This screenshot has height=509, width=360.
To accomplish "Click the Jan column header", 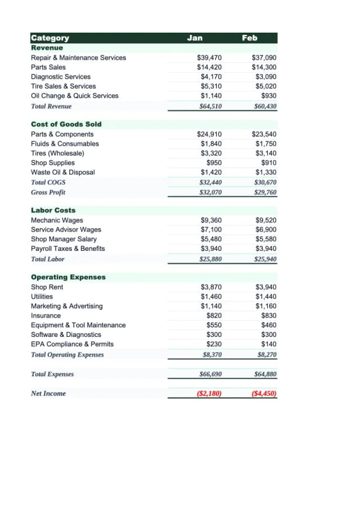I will pyautogui.click(x=195, y=38).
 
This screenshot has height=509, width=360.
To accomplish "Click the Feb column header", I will pyautogui.click(x=250, y=38).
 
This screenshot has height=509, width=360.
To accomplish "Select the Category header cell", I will pyautogui.click(x=50, y=38).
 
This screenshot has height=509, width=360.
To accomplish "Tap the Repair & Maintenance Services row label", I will pyautogui.click(x=78, y=58).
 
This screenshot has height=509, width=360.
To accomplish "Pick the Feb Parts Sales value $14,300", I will pyautogui.click(x=264, y=67).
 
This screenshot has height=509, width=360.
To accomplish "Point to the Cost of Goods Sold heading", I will pyautogui.click(x=66, y=124).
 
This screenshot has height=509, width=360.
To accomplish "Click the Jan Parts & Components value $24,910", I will pyautogui.click(x=209, y=134).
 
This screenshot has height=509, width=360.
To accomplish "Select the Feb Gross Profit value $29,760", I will pyautogui.click(x=265, y=192).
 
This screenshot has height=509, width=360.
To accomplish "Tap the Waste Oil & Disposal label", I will pyautogui.click(x=62, y=173).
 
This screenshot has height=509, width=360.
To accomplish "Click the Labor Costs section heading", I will pyautogui.click(x=53, y=210).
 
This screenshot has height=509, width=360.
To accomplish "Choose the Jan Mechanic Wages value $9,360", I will pyautogui.click(x=211, y=220).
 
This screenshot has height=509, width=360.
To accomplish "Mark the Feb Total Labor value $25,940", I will pyautogui.click(x=265, y=259).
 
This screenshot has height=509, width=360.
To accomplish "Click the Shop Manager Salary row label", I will pyautogui.click(x=64, y=239).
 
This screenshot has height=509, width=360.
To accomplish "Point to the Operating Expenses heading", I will pyautogui.click(x=68, y=277).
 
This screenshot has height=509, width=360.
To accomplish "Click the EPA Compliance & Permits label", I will pyautogui.click(x=72, y=344).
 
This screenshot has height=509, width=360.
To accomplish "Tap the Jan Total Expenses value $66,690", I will pyautogui.click(x=210, y=374).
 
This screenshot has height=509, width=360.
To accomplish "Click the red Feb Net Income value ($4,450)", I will pyautogui.click(x=264, y=394).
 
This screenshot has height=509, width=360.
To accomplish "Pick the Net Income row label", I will pyautogui.click(x=48, y=394).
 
